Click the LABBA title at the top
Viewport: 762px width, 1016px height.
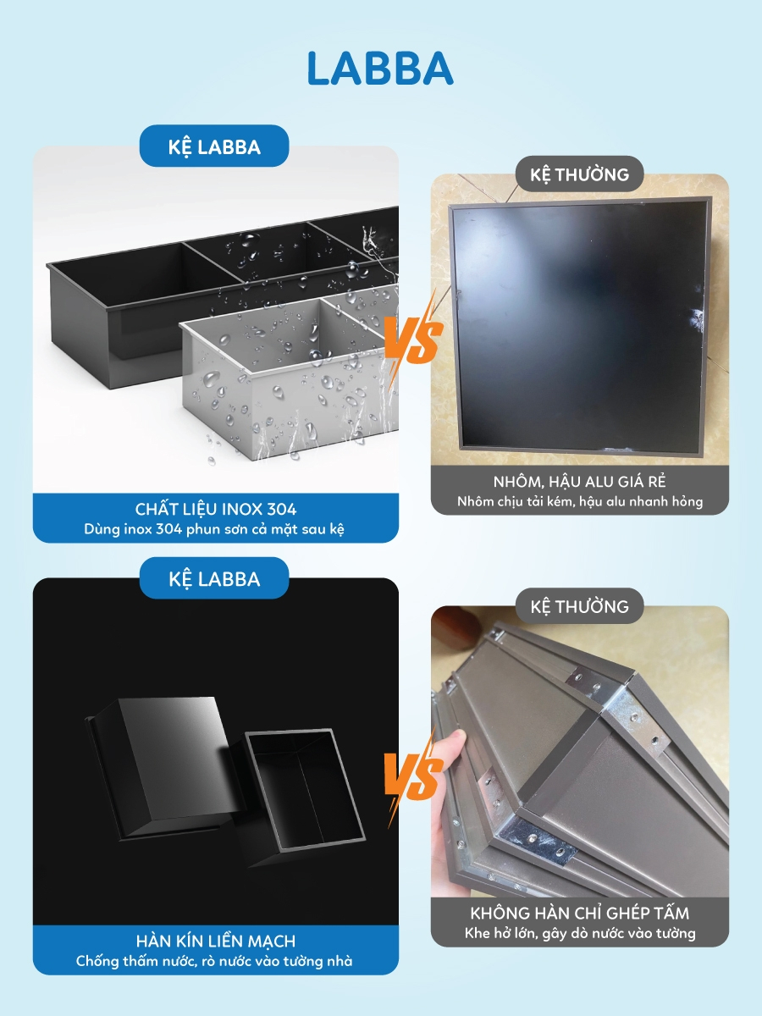coord(380,68)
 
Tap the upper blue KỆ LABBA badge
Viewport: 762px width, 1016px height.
coord(214,146)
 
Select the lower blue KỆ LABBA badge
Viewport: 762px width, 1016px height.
coord(214,578)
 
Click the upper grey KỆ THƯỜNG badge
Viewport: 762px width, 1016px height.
coord(579,174)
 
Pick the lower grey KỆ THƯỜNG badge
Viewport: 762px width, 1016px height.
coord(579,606)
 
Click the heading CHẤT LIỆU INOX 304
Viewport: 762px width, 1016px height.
coord(216,509)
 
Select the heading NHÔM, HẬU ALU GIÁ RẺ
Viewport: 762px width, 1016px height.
coord(579,482)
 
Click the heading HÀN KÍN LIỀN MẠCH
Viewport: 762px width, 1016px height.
coord(216,941)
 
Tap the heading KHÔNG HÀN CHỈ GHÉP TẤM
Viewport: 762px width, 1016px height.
coord(580,914)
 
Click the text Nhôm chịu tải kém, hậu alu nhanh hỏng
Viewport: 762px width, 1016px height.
coord(580,502)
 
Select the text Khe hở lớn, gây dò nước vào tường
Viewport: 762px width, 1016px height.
coord(580,933)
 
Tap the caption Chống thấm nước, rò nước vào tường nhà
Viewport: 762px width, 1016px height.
coord(214,961)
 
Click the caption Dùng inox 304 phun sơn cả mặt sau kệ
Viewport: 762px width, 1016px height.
coord(214,529)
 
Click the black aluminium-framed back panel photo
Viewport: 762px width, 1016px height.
coord(581,324)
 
